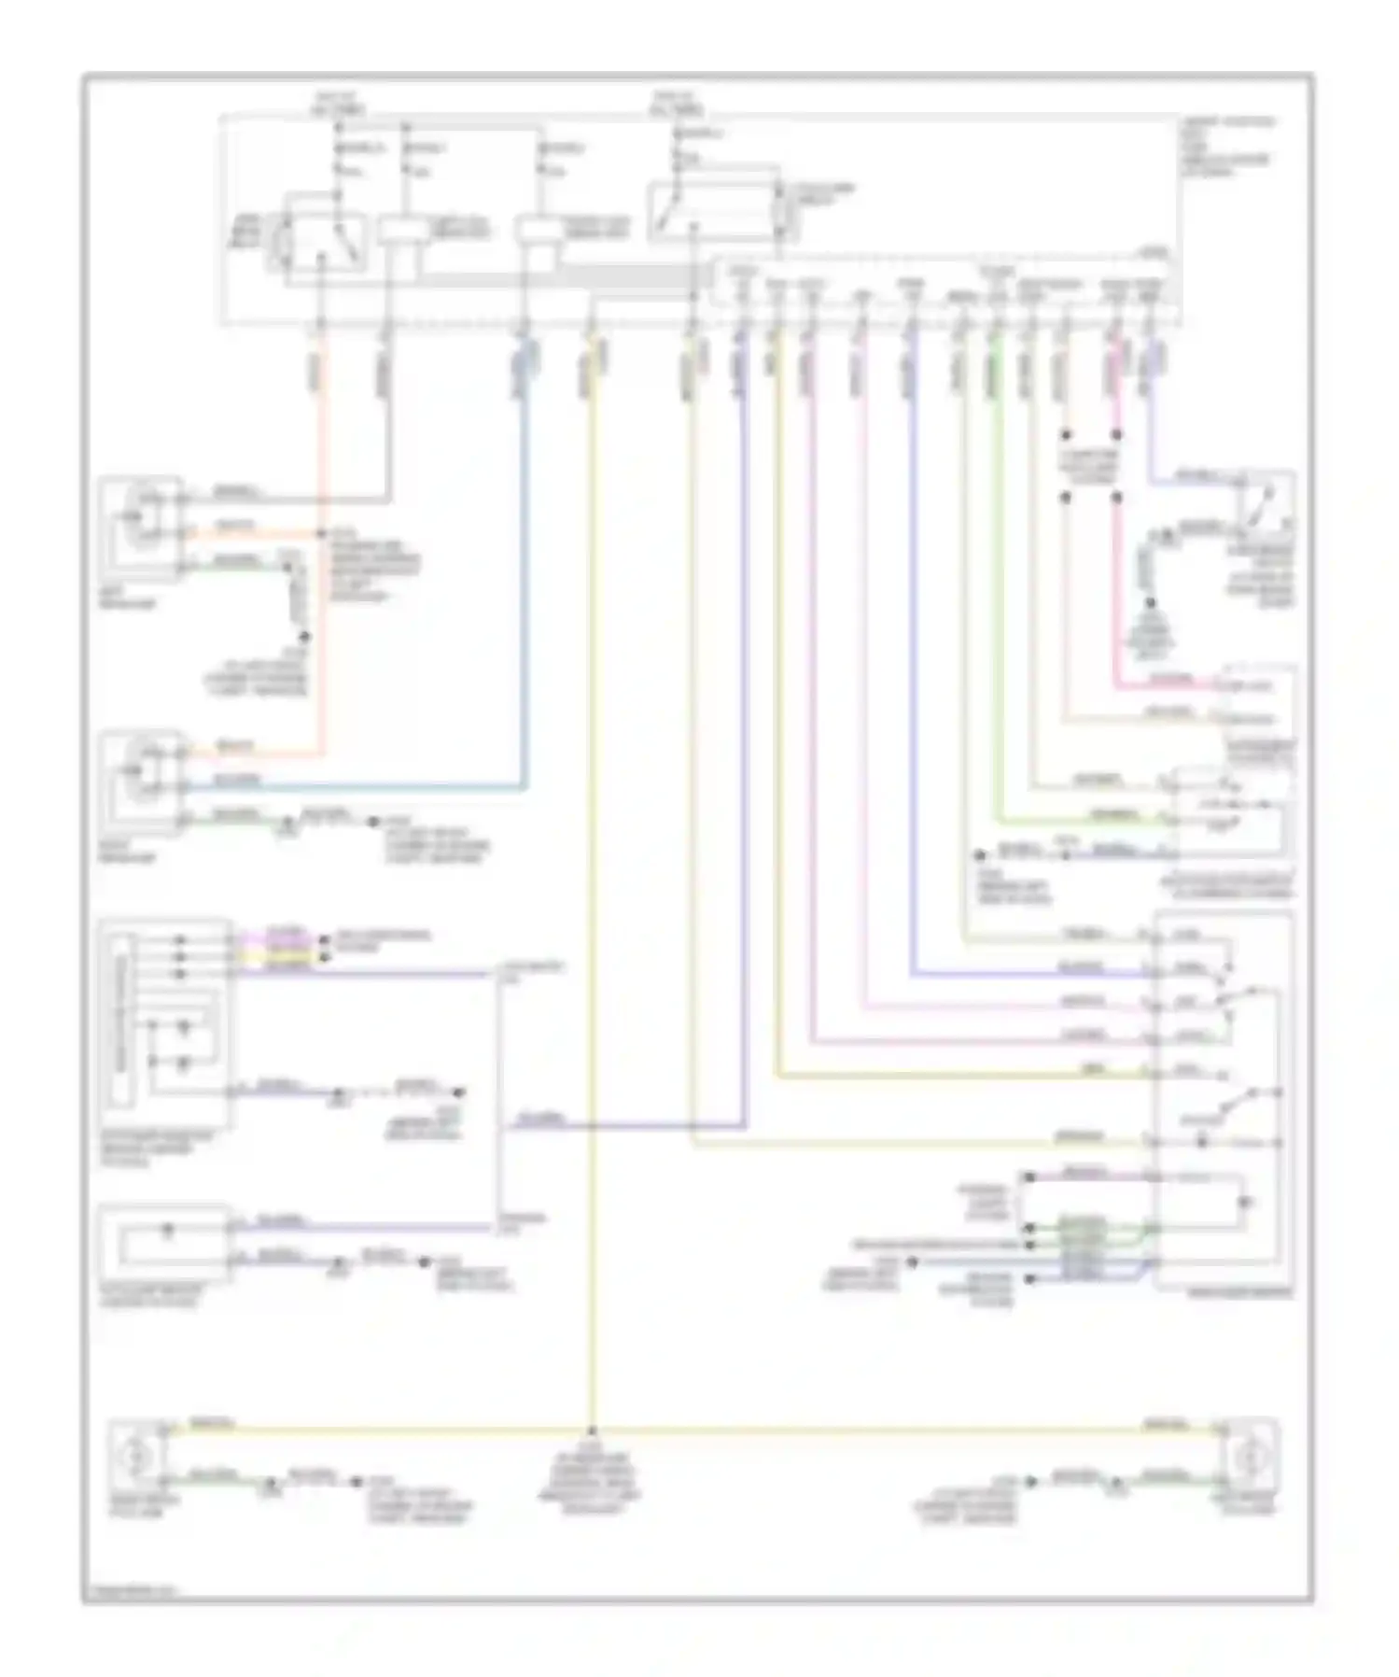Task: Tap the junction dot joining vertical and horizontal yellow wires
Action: point(592,1430)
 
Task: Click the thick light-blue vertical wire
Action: point(525,560)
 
